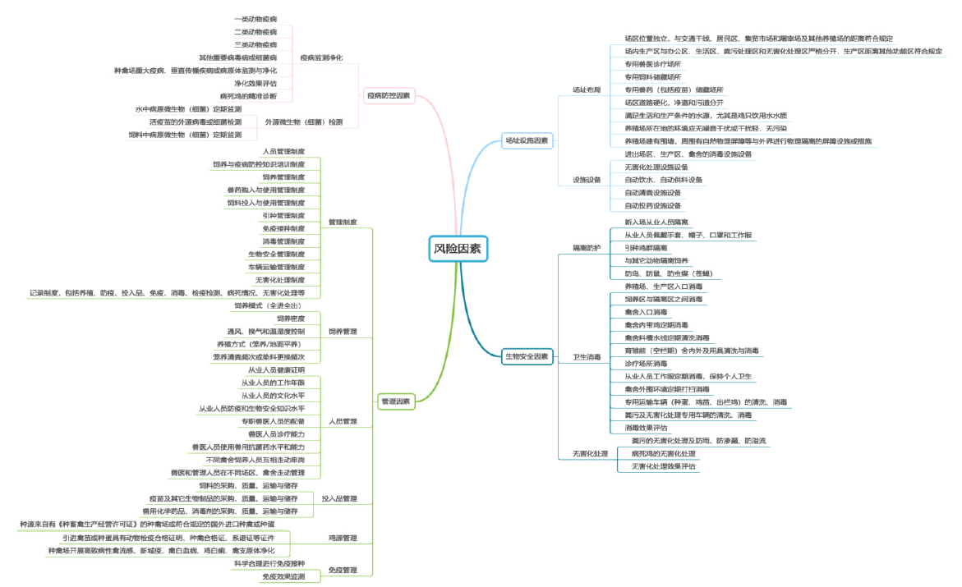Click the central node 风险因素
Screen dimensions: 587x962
458,248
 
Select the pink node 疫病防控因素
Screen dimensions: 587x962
389,96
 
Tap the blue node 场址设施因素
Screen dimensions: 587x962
527,140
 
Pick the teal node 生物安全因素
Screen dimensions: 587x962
527,356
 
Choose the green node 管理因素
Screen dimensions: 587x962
395,401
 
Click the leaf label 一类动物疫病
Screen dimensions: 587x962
255,18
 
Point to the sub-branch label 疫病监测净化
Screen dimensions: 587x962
321,57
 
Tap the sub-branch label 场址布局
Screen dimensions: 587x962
587,89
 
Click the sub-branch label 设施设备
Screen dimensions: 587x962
587,179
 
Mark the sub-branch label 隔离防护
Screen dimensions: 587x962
587,247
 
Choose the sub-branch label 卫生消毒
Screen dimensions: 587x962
587,357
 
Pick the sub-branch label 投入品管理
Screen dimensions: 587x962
339,498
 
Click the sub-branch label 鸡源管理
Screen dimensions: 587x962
343,538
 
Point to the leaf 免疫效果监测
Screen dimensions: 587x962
283,577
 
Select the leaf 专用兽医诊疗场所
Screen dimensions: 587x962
653,63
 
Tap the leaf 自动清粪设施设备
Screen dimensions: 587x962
653,192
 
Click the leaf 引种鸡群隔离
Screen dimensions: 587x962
646,247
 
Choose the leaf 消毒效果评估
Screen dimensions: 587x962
647,428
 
